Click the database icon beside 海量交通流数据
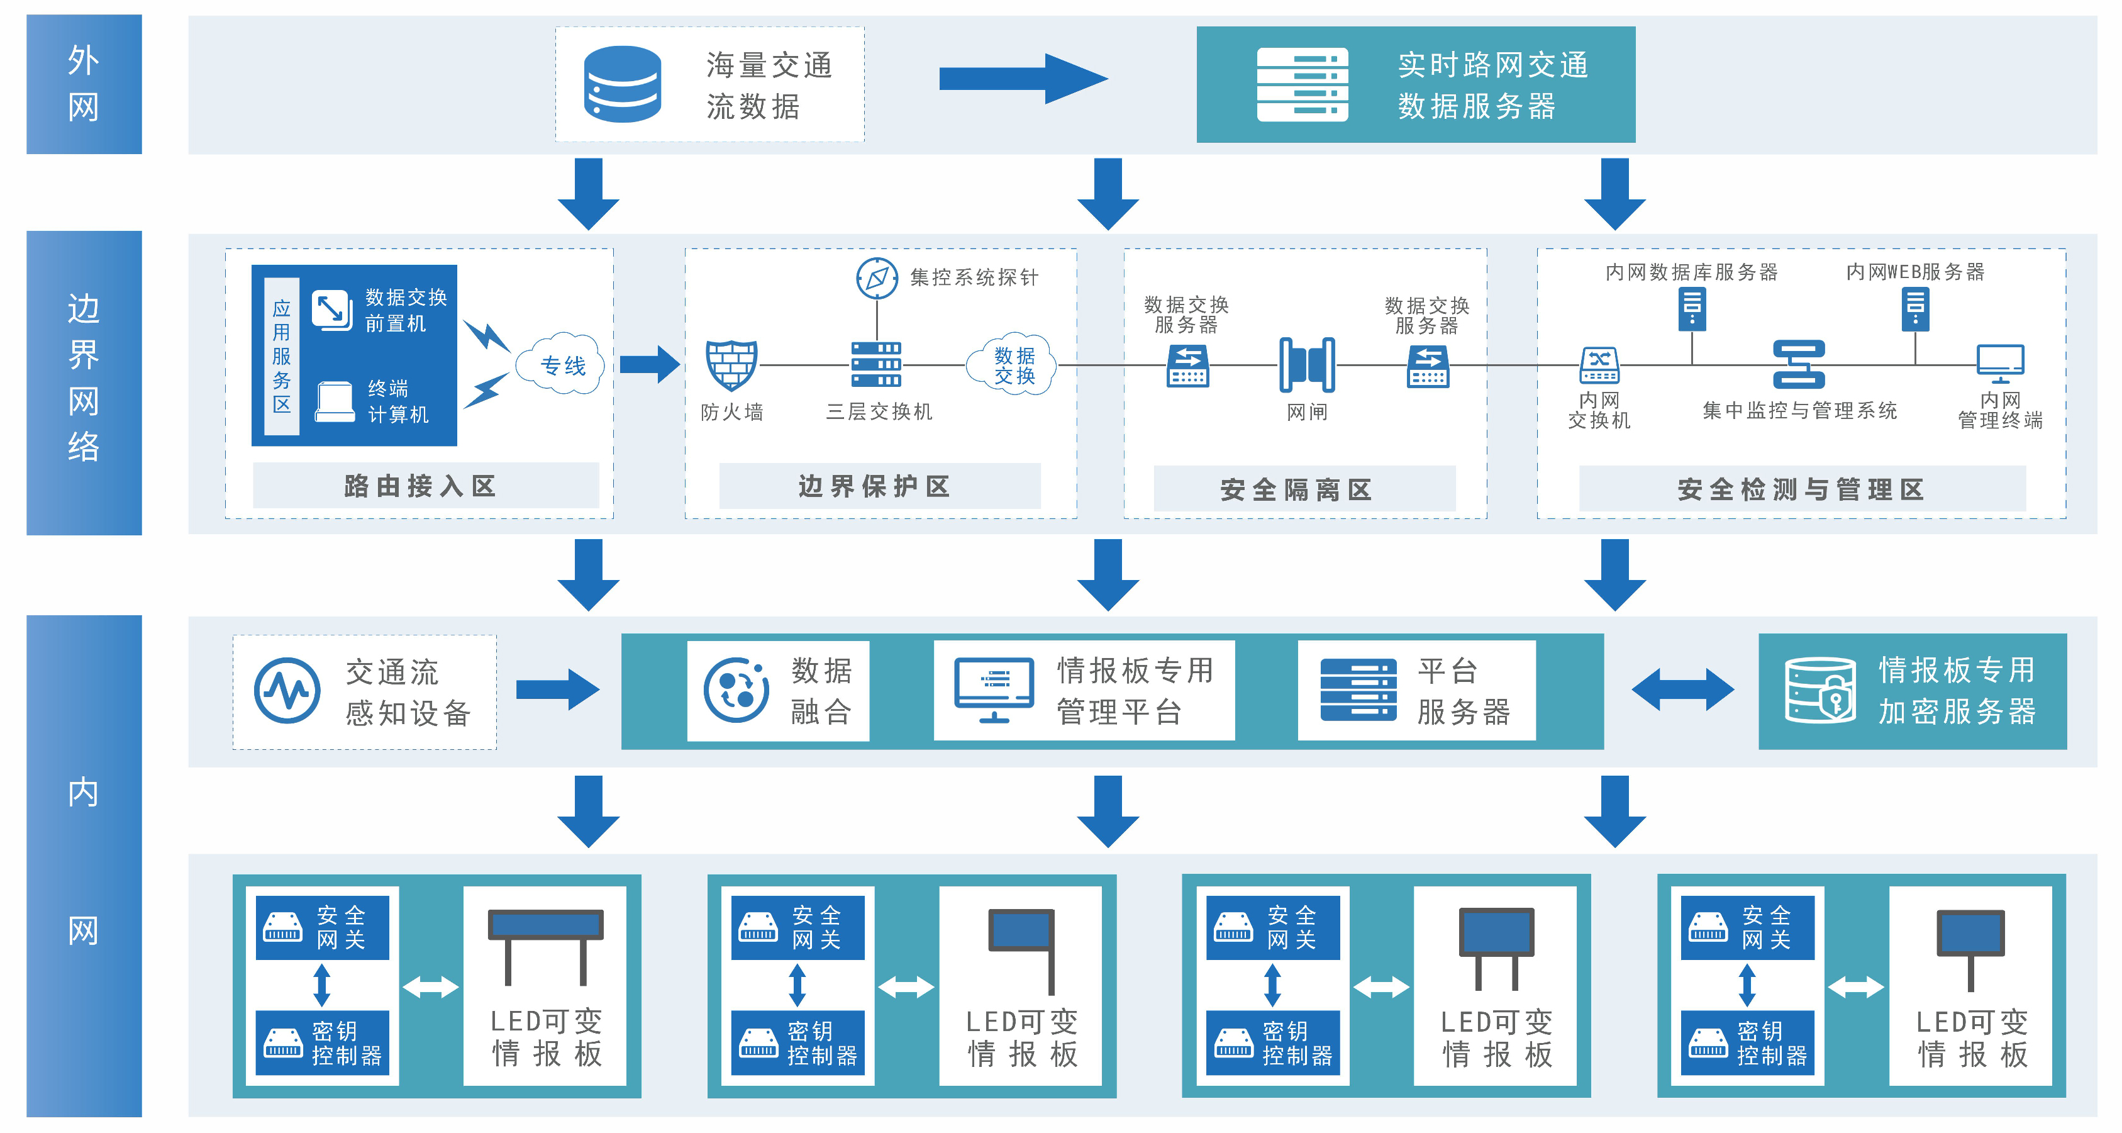(622, 84)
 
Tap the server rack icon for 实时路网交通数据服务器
(1303, 85)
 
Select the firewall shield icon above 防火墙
(731, 364)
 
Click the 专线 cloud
(562, 365)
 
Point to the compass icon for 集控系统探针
(877, 277)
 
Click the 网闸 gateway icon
(1308, 364)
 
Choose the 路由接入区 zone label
(425, 486)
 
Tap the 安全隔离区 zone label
(1303, 489)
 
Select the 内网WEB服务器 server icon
(1915, 310)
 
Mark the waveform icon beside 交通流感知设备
(287, 691)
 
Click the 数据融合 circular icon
(736, 691)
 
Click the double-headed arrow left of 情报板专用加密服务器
(1682, 689)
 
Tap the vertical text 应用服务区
(282, 356)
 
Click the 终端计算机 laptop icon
(335, 402)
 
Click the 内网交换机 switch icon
(1599, 365)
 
